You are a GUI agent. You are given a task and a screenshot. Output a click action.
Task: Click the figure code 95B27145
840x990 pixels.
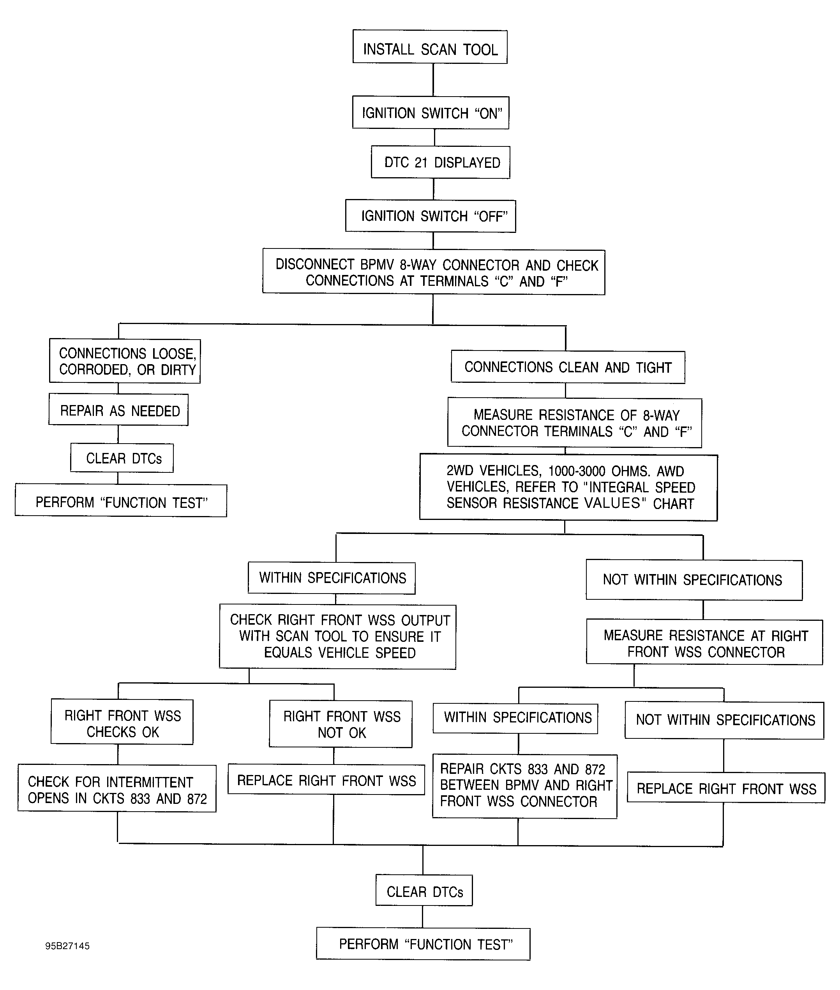pyautogui.click(x=68, y=946)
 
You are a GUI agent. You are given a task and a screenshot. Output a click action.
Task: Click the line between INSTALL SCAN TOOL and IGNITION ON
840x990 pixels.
pyautogui.click(x=433, y=80)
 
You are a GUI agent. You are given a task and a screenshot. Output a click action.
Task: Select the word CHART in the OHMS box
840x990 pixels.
pyautogui.click(x=673, y=504)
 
